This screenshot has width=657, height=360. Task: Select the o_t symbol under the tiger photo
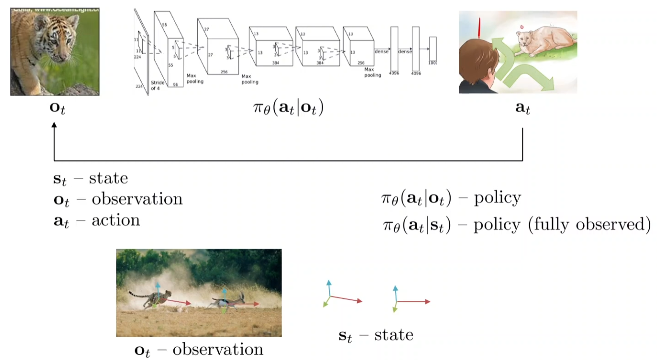pos(57,107)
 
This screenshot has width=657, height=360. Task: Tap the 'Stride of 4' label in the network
pos(158,85)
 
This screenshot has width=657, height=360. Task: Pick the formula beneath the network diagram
pos(288,108)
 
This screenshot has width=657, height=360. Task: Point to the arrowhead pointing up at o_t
pos(54,125)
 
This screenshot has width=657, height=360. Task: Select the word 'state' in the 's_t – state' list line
pos(108,178)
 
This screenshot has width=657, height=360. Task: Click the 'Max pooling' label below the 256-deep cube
pos(249,79)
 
